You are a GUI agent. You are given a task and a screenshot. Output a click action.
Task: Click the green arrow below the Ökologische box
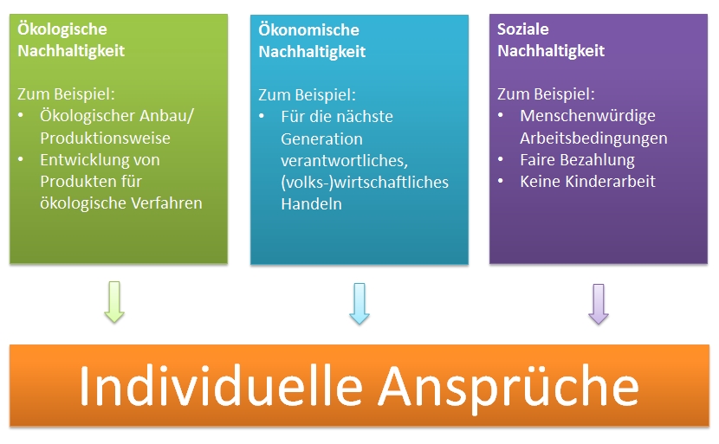[x=113, y=302]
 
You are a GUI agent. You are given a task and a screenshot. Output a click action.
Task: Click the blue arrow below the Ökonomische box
[x=359, y=303]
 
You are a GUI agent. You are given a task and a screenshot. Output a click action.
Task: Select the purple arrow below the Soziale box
[x=599, y=303]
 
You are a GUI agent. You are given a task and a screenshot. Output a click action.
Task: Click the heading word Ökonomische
[x=308, y=30]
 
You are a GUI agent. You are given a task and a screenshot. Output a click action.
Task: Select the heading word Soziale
[x=523, y=29]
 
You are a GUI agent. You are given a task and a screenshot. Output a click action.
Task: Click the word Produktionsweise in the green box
[x=105, y=138]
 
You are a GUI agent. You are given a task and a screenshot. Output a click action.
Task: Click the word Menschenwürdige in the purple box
[x=587, y=116]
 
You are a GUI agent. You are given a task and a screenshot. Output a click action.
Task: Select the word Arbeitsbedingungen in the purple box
[x=593, y=138]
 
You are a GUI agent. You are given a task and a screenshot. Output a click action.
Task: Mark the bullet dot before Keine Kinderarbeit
[x=502, y=182]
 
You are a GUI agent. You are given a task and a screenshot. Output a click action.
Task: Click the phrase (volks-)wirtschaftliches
[x=364, y=183]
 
